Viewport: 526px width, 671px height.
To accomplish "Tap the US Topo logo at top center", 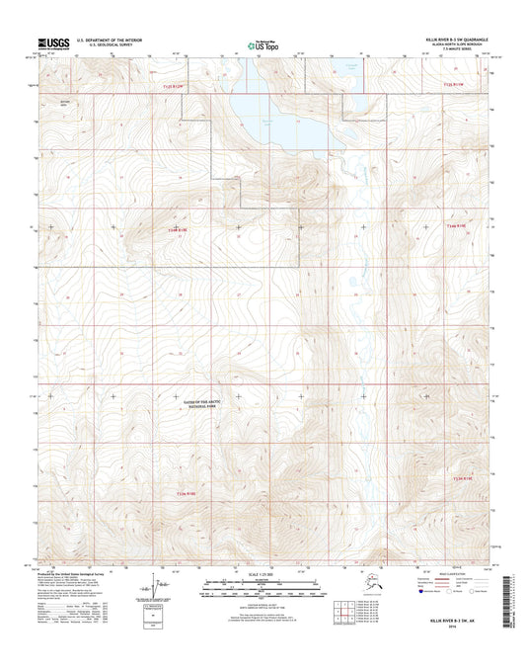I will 263,43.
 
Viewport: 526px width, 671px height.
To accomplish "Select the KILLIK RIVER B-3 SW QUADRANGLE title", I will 457,39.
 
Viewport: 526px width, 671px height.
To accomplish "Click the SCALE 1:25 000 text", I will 263,576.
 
